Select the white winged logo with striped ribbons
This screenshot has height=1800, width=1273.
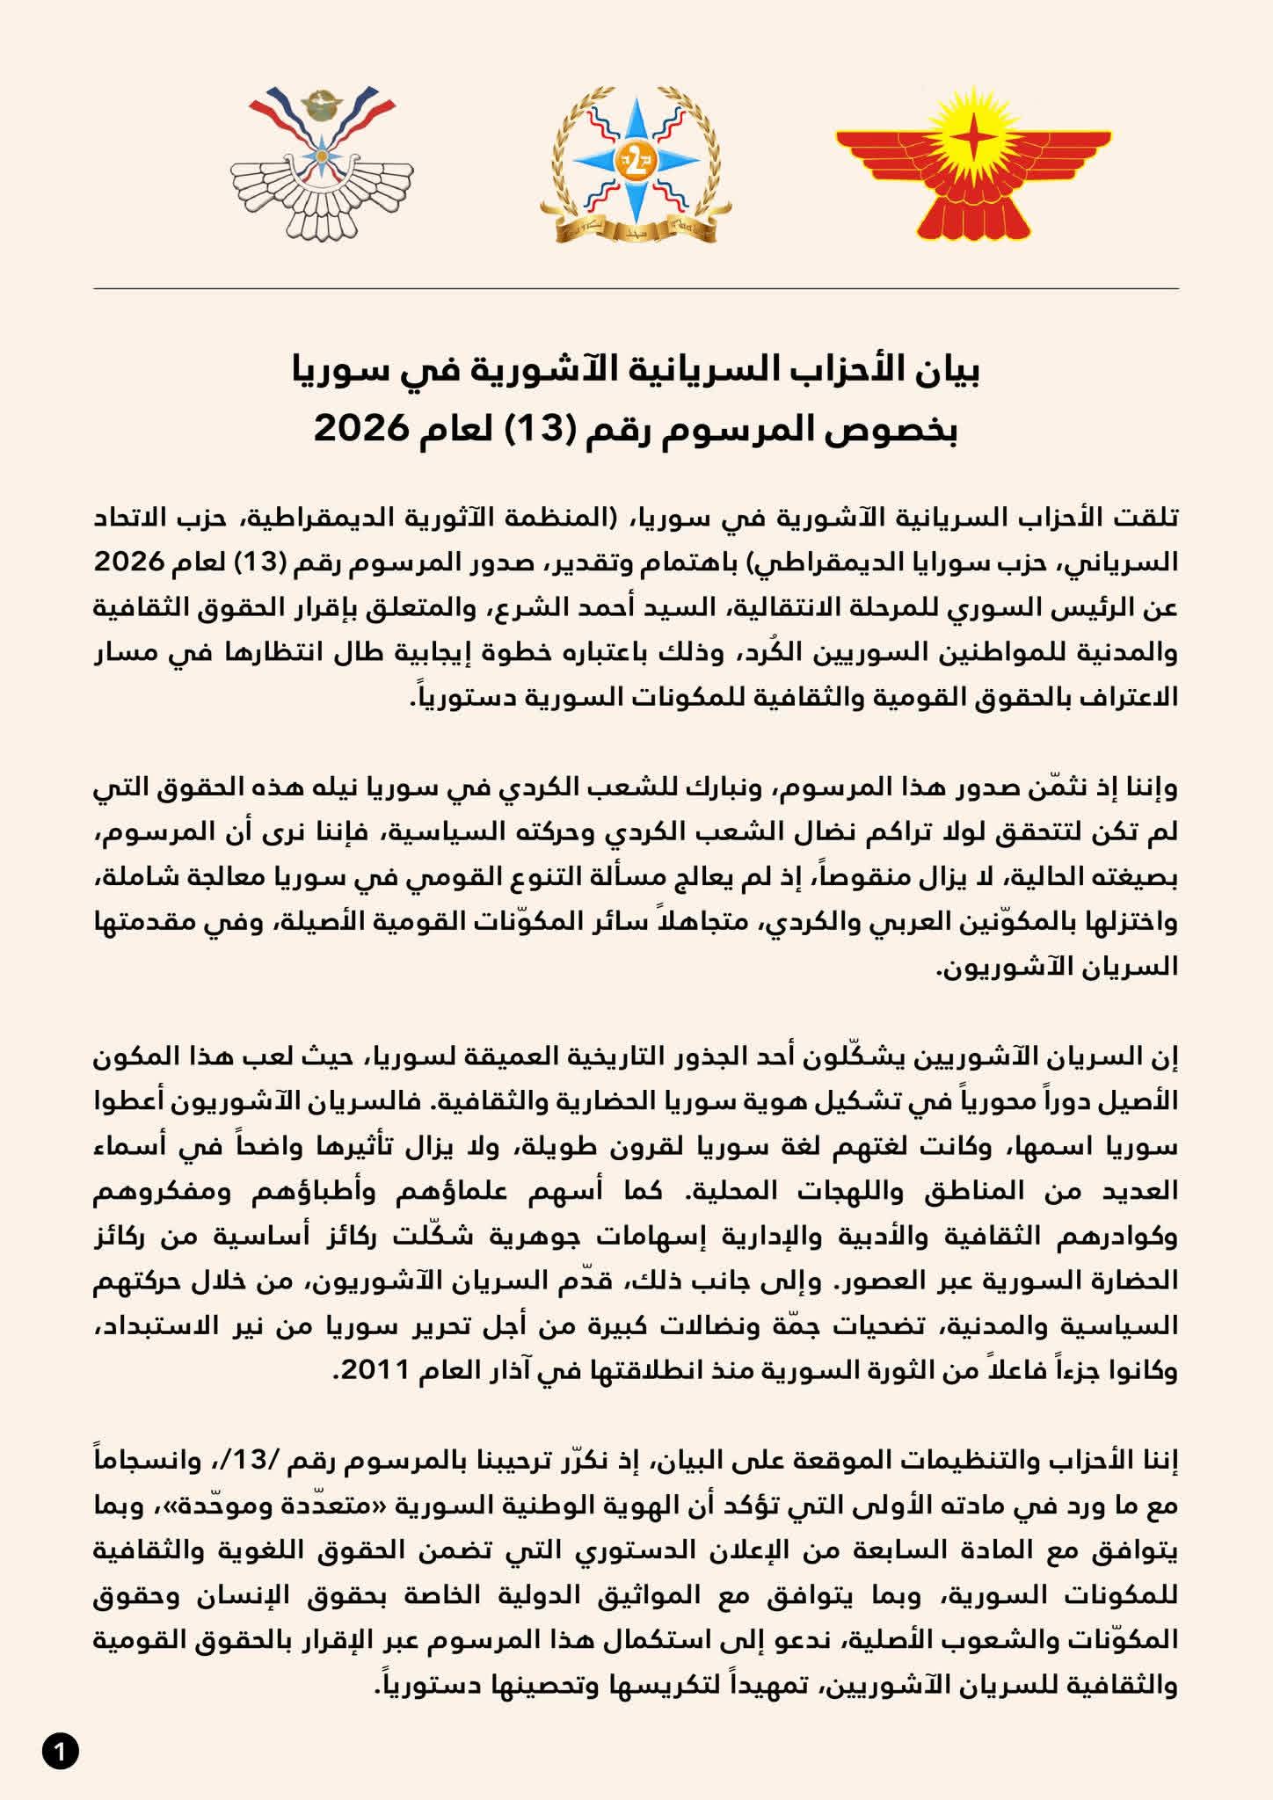322,165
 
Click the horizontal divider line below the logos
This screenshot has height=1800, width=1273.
636,288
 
